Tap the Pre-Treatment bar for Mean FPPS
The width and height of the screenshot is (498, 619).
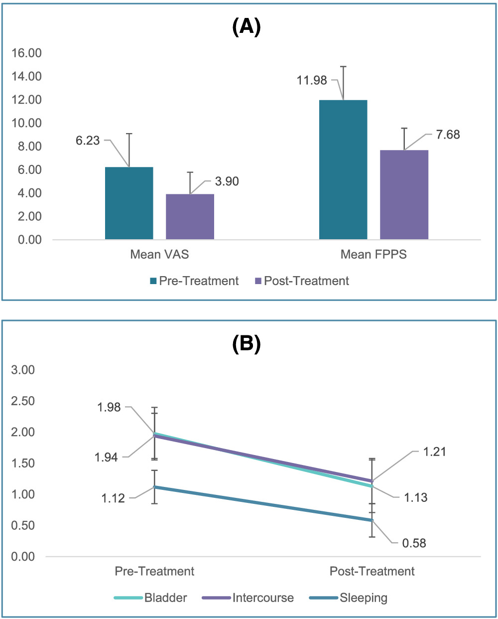tap(343, 169)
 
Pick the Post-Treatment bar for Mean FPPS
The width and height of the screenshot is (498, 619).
tap(404, 195)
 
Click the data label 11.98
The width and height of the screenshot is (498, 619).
tap(312, 80)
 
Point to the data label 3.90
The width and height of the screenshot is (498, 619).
tap(227, 181)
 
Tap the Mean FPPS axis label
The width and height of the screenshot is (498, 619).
tap(373, 254)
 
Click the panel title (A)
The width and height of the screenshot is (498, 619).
tap(247, 28)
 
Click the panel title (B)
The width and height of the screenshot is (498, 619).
tap(247, 344)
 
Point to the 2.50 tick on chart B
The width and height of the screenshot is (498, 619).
tap(22, 401)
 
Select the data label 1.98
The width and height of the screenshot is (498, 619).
tap(109, 407)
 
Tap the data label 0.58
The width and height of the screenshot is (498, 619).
tap(414, 543)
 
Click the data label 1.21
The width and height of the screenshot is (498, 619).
tap(434, 452)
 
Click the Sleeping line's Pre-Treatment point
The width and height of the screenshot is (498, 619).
tap(155, 487)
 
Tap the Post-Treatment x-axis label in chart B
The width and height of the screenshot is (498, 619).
tap(372, 571)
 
